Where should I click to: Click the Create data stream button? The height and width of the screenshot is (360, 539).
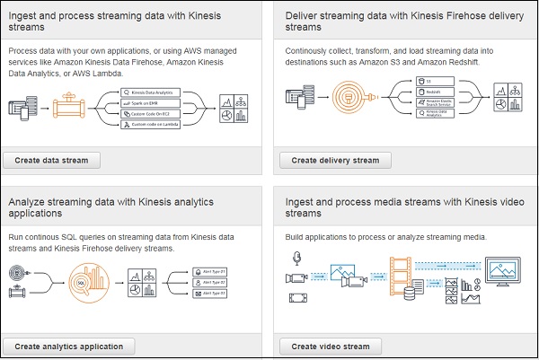pyautogui.click(x=51, y=160)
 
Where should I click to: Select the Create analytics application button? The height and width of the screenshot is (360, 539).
pyautogui.click(x=68, y=346)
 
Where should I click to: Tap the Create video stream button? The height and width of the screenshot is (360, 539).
pyautogui.click(x=331, y=346)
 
